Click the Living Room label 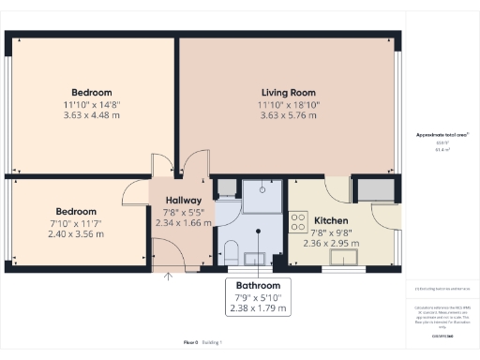point(287,92)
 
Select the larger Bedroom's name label point(93,92)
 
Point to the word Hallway point(178,201)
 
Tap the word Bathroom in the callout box point(259,285)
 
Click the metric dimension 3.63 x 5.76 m point(287,116)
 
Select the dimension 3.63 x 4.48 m point(93,116)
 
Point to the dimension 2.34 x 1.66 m point(178,224)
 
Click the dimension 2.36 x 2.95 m point(331,242)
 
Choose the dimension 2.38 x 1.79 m point(259,308)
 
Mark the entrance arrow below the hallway point(170,276)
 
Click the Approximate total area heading point(442,136)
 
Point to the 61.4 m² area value point(442,150)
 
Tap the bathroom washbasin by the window point(255,259)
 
